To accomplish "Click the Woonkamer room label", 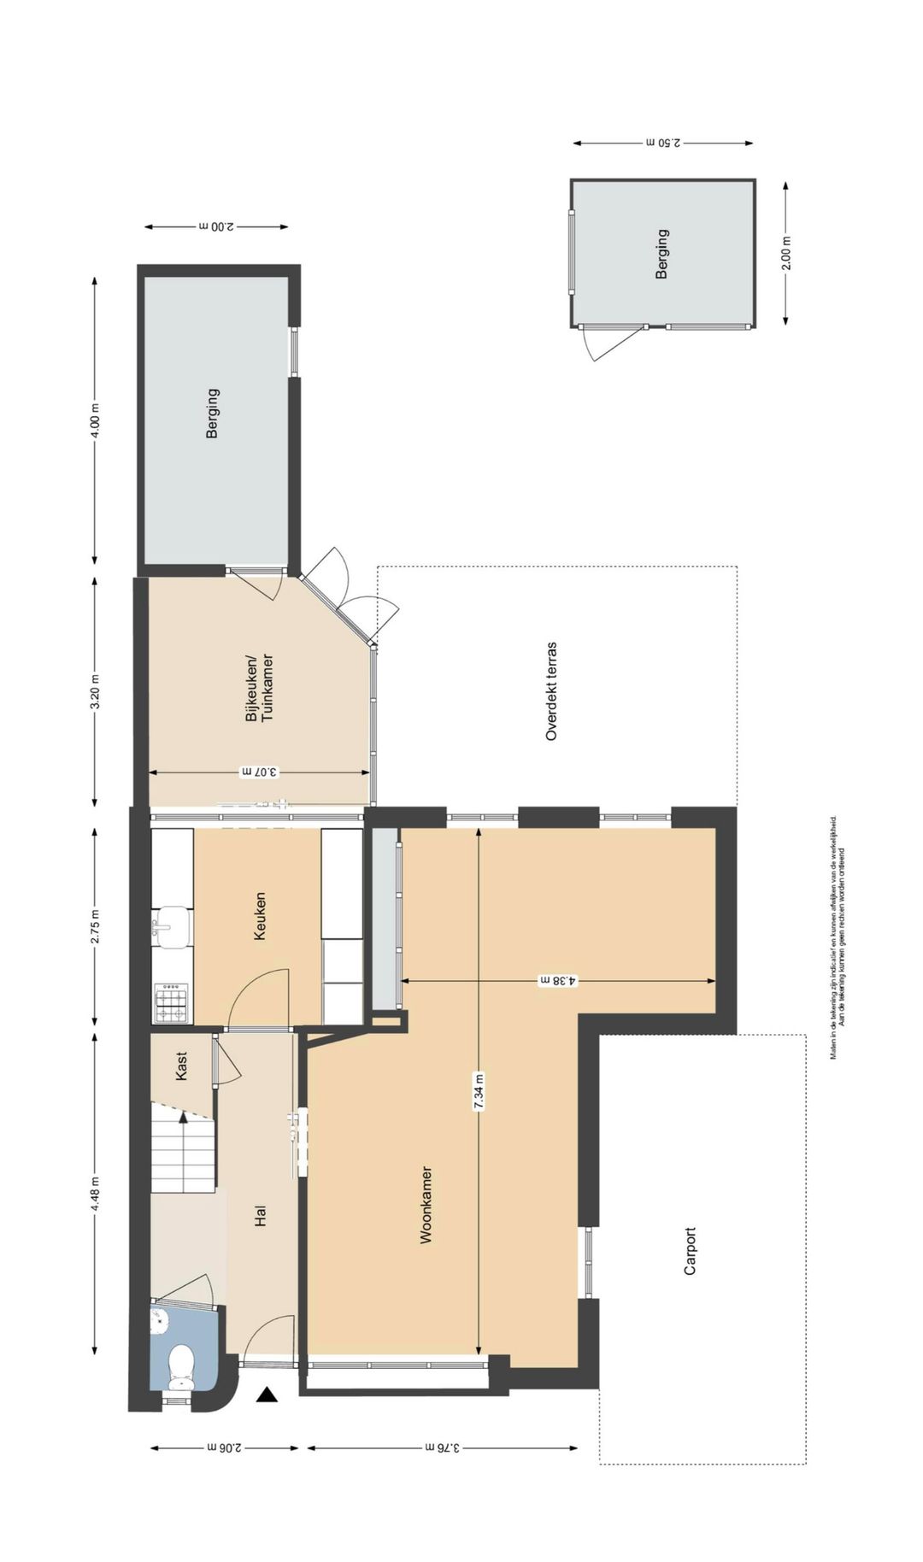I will (426, 1204).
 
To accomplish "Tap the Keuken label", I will (260, 917).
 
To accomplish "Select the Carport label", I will (691, 1251).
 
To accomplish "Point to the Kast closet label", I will (181, 1066).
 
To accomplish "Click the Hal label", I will (261, 1216).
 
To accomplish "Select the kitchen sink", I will (173, 927).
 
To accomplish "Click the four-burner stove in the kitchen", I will (171, 1002).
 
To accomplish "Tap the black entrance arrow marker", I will (268, 1395).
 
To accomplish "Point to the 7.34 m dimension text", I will (479, 1091).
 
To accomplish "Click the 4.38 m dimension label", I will (558, 981).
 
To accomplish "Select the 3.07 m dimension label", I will (259, 772).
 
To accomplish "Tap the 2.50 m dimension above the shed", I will (663, 143).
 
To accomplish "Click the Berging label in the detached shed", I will (661, 254).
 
